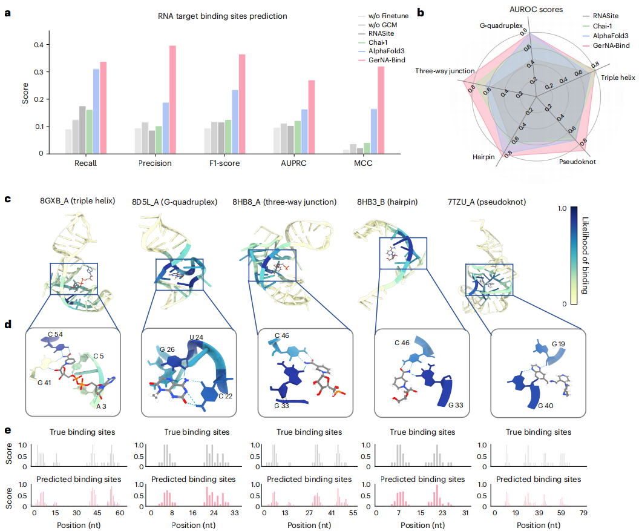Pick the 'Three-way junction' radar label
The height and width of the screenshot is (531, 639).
tap(444, 71)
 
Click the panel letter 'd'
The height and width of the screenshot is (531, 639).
tap(8, 325)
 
